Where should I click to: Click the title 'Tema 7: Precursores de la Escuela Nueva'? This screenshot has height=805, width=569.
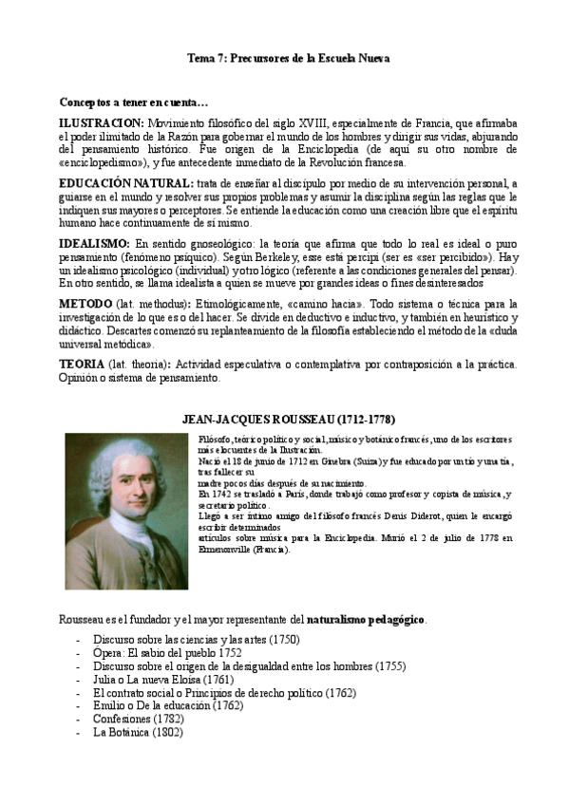(x=288, y=59)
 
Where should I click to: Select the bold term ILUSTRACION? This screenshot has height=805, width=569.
(x=101, y=123)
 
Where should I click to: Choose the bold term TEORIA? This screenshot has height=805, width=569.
(x=82, y=365)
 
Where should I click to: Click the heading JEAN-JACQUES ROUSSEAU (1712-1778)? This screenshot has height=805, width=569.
(x=288, y=420)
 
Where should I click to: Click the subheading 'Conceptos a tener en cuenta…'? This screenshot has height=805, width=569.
(x=134, y=102)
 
